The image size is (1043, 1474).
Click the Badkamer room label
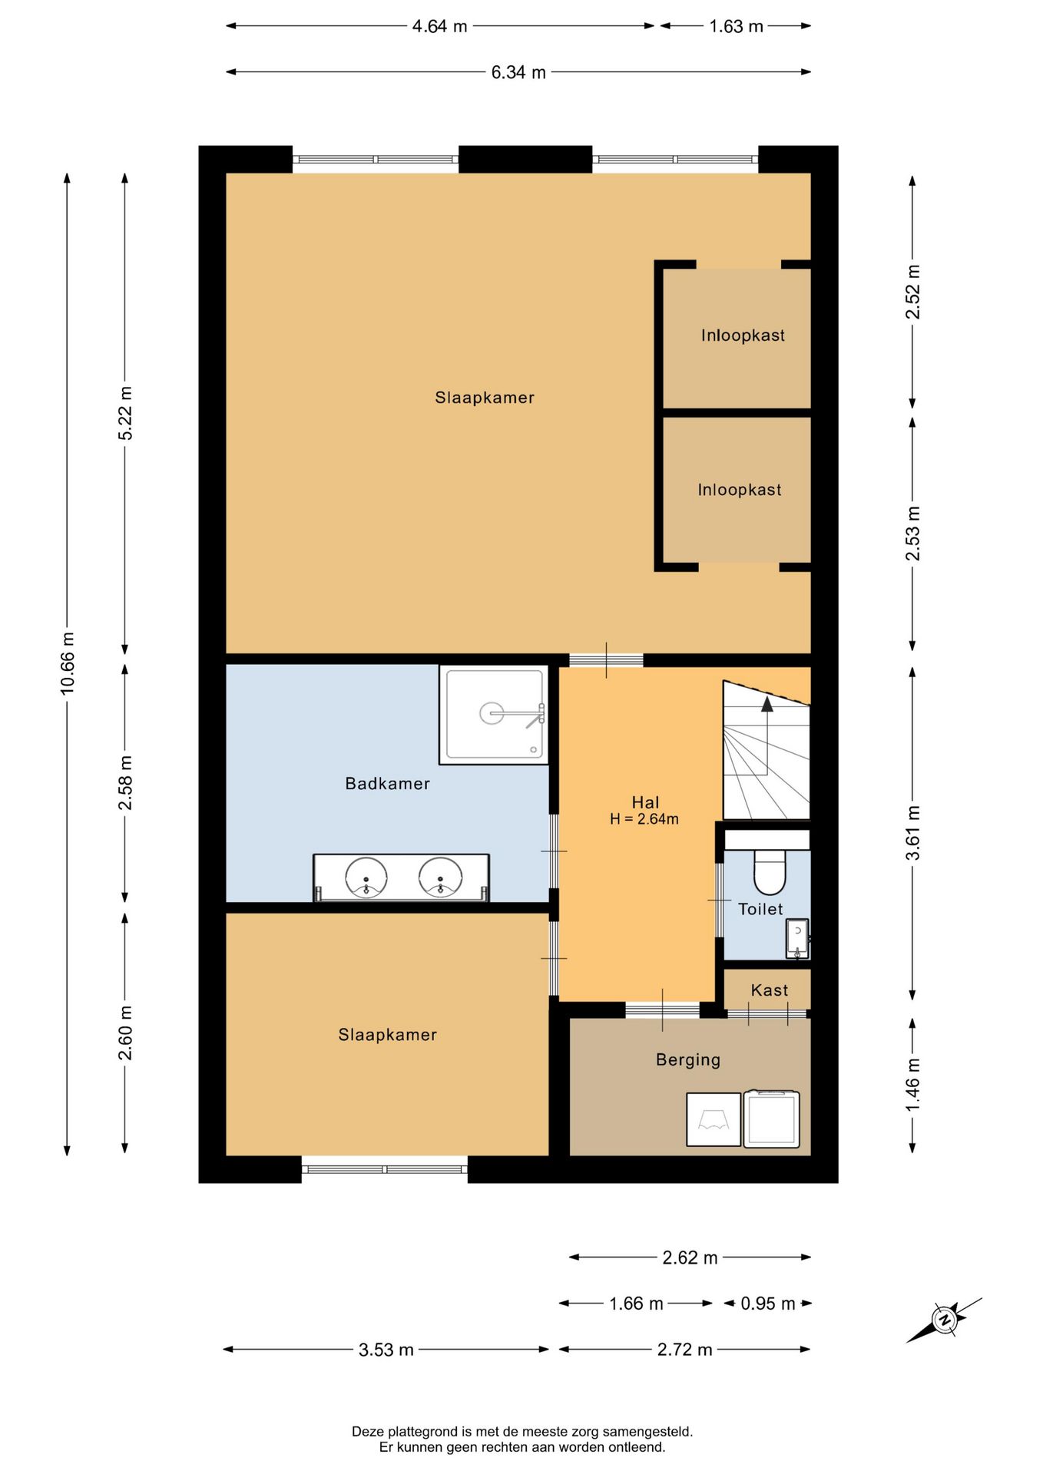coord(387,784)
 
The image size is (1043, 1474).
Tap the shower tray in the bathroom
coord(494,715)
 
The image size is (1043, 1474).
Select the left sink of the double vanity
coord(366,877)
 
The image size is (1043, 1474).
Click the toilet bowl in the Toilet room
coord(769,872)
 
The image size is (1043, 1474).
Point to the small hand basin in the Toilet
coord(797,938)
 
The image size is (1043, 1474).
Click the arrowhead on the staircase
coord(767,703)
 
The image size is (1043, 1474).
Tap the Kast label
coord(770,990)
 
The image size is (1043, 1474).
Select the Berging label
coord(688,1060)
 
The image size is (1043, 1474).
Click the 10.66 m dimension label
coord(68,663)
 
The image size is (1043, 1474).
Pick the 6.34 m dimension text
coord(518,72)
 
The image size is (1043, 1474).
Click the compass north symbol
coord(944,1320)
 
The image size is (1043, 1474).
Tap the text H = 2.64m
coord(644,819)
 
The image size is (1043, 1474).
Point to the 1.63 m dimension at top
coord(736,26)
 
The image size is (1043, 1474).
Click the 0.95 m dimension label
coord(768,1304)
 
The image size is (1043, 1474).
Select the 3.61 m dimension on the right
coord(912,833)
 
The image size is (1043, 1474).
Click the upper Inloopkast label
coord(743,335)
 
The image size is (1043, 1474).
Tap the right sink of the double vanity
coord(440,877)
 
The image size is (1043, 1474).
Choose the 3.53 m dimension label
coord(386,1350)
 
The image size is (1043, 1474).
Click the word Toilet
coord(760,910)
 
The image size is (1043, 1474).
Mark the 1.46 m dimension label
coord(912,1084)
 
